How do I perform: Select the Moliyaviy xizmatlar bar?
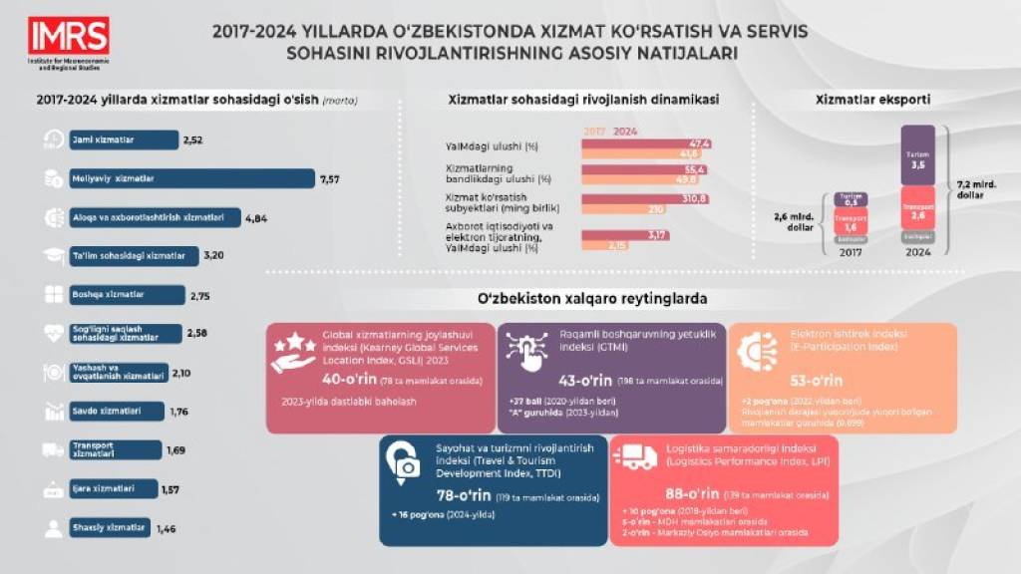[x=189, y=179]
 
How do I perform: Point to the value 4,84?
[x=258, y=217]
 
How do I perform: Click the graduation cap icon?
[x=54, y=256]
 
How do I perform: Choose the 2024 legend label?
[x=625, y=131]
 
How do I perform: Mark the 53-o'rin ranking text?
[x=816, y=380]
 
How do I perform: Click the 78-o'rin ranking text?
[x=464, y=494]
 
